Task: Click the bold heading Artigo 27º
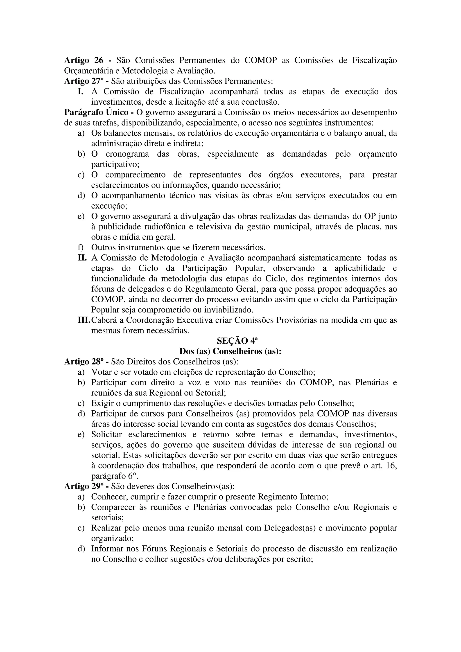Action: (83, 81)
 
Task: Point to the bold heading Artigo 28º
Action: (83, 362)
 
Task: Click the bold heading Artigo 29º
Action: (83, 486)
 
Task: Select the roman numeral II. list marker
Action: (82, 258)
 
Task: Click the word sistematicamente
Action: (330, 258)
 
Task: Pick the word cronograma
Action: (128, 154)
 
